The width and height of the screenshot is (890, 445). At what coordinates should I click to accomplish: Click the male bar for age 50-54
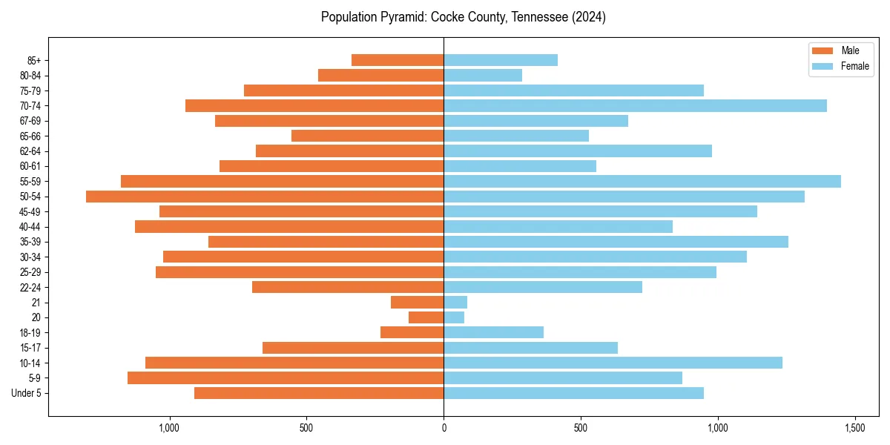point(265,197)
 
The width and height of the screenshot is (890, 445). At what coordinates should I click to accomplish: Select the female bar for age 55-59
point(642,181)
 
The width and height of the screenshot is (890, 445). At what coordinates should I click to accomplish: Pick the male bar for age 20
point(426,317)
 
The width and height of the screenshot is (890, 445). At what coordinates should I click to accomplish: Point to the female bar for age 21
point(455,302)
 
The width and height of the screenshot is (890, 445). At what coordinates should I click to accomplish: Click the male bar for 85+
point(398,60)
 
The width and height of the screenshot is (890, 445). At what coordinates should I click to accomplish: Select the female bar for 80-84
point(483,75)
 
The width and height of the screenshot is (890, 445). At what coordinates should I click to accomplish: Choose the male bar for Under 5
point(319,393)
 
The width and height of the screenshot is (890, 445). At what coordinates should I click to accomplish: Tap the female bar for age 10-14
point(613,363)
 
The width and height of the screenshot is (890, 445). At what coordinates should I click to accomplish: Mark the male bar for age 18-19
point(412,332)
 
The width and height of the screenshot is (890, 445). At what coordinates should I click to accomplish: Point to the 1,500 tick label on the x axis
point(855,428)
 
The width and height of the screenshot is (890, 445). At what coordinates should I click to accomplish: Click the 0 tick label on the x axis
point(444,428)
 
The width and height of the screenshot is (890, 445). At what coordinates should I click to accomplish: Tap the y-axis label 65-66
point(30,136)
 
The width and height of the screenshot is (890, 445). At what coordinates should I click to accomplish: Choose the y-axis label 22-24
point(30,287)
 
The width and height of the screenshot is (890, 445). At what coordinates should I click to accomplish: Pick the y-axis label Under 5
point(27,393)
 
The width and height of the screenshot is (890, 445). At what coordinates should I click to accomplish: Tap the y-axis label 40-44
point(30,226)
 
